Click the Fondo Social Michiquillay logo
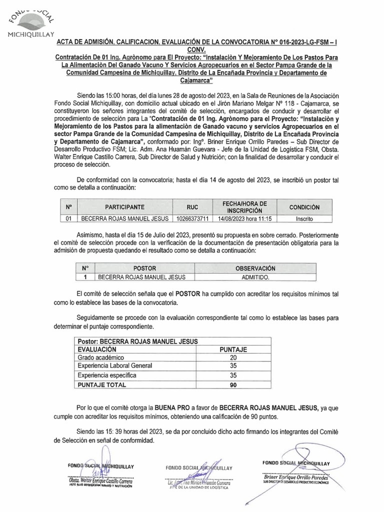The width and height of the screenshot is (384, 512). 31,22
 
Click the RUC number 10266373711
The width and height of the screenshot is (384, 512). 192,218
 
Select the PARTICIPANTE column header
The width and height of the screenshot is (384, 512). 124,207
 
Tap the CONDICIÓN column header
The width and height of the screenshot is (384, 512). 304,207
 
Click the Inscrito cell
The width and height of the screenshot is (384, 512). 304,218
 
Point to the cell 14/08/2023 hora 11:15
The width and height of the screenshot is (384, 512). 244,218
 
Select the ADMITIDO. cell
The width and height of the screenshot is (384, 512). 256,276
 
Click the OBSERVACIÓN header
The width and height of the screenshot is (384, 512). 256,268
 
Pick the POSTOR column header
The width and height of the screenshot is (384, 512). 141,268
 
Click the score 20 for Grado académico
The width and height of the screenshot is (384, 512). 232,358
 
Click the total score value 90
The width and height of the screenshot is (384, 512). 232,385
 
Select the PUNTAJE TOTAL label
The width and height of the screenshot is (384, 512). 102,385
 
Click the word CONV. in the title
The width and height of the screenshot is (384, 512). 192,50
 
